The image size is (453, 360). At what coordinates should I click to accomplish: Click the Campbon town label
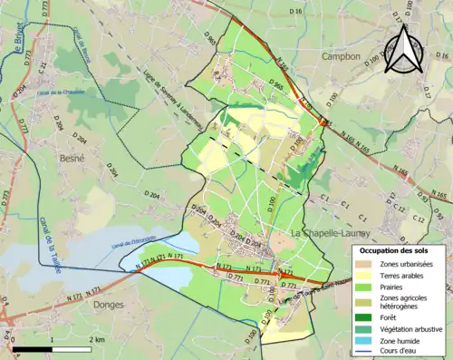click(341, 56)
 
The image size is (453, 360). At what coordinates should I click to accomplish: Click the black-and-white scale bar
click(53, 349)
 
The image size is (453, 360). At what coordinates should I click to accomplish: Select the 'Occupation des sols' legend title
click(397, 250)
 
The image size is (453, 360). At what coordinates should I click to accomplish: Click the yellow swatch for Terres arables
click(367, 276)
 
